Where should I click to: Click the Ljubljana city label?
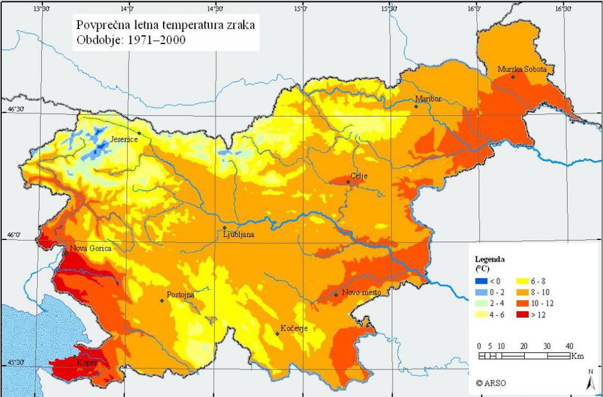(238, 235)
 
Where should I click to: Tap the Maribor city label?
(428, 99)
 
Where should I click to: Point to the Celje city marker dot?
(348, 182)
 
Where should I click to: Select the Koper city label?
(87, 362)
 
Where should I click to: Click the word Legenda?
(489, 259)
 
